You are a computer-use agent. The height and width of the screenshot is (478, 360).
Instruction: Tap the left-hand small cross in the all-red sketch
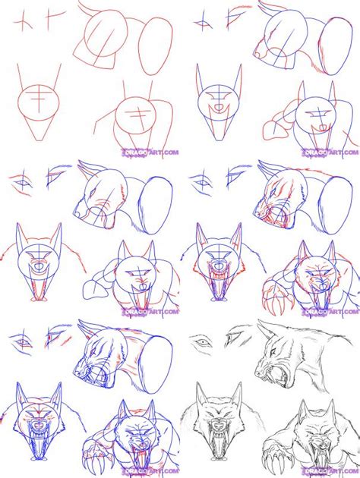(22, 22)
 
